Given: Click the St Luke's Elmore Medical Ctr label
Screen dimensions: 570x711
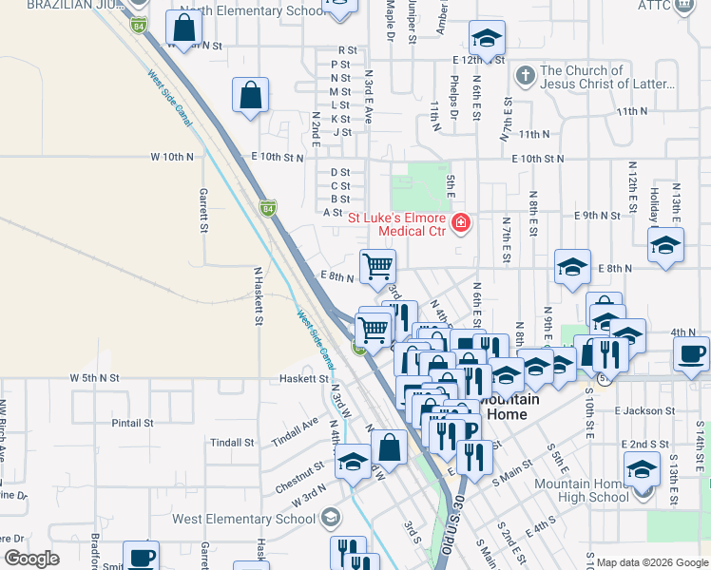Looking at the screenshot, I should tap(397, 223).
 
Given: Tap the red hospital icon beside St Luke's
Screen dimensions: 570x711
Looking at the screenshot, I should tap(461, 223).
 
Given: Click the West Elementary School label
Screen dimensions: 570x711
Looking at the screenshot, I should tap(243, 519).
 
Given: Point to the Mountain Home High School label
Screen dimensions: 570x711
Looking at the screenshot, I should tap(581, 490).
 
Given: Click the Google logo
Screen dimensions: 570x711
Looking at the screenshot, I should tap(31, 559).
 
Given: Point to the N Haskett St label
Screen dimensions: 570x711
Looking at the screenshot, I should tap(258, 294).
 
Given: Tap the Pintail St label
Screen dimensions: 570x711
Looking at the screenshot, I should tap(132, 423).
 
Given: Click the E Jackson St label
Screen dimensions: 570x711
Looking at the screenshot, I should tap(644, 410).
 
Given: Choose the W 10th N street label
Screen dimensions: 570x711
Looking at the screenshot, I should tap(172, 156).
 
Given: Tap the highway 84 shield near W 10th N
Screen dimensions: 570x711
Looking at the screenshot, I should tap(269, 208).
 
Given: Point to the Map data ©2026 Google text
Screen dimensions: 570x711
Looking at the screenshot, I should tap(651, 562).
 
